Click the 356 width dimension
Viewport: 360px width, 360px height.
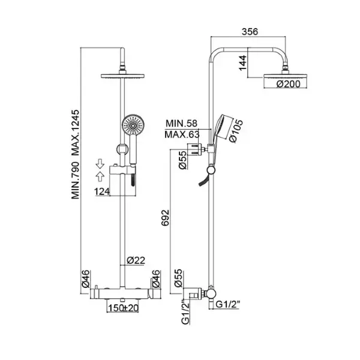coord(248,34)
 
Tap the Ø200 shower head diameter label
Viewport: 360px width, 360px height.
coord(288,85)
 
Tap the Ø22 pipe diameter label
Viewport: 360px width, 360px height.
coord(135,260)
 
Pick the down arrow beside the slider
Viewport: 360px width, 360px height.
coord(101,161)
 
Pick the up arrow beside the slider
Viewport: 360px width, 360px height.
coord(101,174)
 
